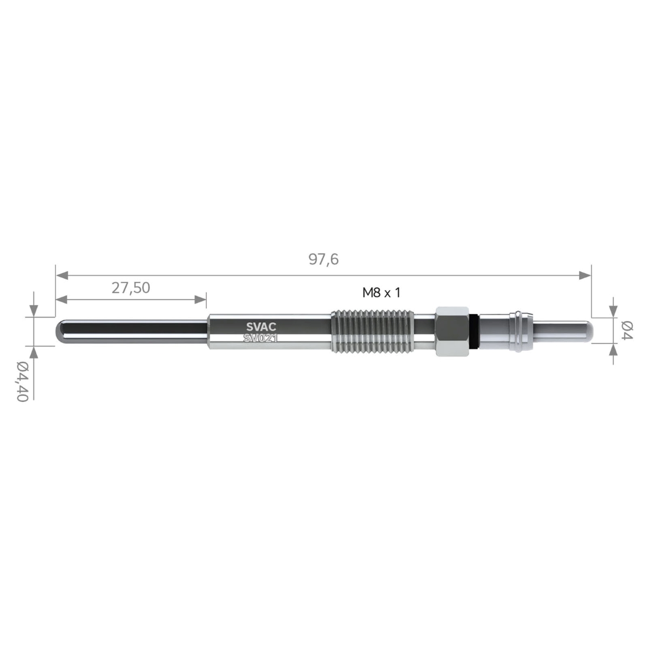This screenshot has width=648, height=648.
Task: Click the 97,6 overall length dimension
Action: point(323,260)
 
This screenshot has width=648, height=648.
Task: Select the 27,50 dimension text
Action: point(131,288)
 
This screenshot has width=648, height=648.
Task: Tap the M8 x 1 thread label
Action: point(381,293)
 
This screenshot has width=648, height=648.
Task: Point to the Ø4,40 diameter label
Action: point(22,381)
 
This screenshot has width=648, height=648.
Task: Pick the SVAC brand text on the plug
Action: point(261,327)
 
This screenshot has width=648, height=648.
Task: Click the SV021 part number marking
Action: point(261,338)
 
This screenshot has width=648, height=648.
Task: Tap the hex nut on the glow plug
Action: point(452,331)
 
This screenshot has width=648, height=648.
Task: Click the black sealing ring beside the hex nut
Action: point(474,332)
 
